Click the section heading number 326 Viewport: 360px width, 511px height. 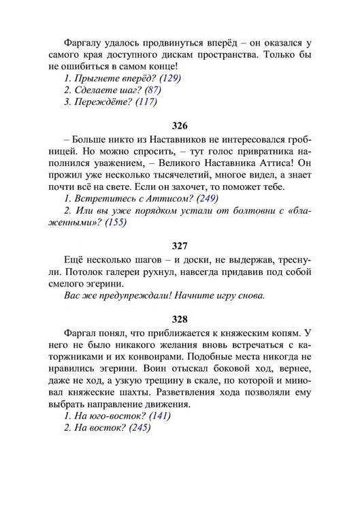[x=180, y=127]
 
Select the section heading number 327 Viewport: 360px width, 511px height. [x=180, y=244]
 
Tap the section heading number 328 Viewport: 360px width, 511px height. [x=180, y=318]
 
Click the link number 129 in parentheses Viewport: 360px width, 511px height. [x=169, y=78]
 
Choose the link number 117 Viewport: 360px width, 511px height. [x=146, y=103]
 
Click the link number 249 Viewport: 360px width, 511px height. [x=206, y=198]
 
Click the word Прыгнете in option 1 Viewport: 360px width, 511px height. [x=96, y=78]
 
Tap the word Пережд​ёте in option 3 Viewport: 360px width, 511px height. [x=100, y=103]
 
